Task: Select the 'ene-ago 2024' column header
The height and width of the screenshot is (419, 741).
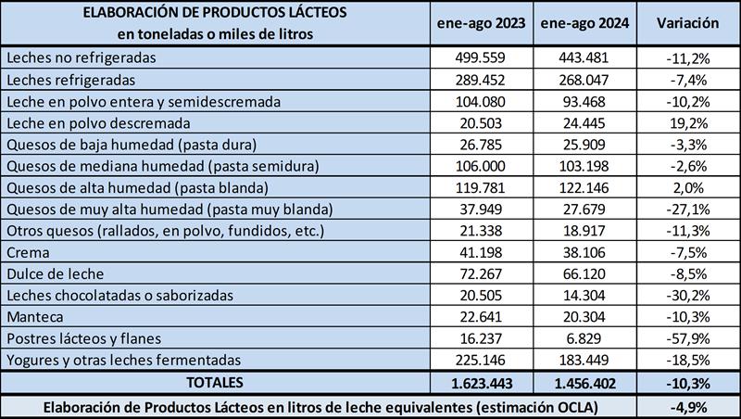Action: tap(584, 23)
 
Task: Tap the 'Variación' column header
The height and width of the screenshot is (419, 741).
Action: tap(687, 23)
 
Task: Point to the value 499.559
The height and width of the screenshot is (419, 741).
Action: tap(481, 57)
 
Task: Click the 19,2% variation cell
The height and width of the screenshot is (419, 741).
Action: tap(687, 122)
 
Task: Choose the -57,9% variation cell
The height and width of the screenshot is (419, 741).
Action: tap(687, 337)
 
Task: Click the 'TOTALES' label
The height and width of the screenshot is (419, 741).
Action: tap(214, 381)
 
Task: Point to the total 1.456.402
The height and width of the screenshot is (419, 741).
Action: tap(584, 381)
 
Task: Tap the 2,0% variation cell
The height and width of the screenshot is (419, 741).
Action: tap(687, 186)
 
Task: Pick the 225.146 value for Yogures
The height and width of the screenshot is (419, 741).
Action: tap(481, 359)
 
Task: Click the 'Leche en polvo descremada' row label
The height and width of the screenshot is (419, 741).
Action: tap(97, 122)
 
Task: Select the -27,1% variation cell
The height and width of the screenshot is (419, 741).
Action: tap(687, 208)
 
